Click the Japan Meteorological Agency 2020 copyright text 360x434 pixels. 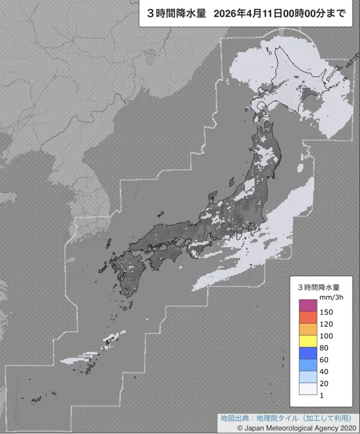pyautogui.click(x=300, y=428)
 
